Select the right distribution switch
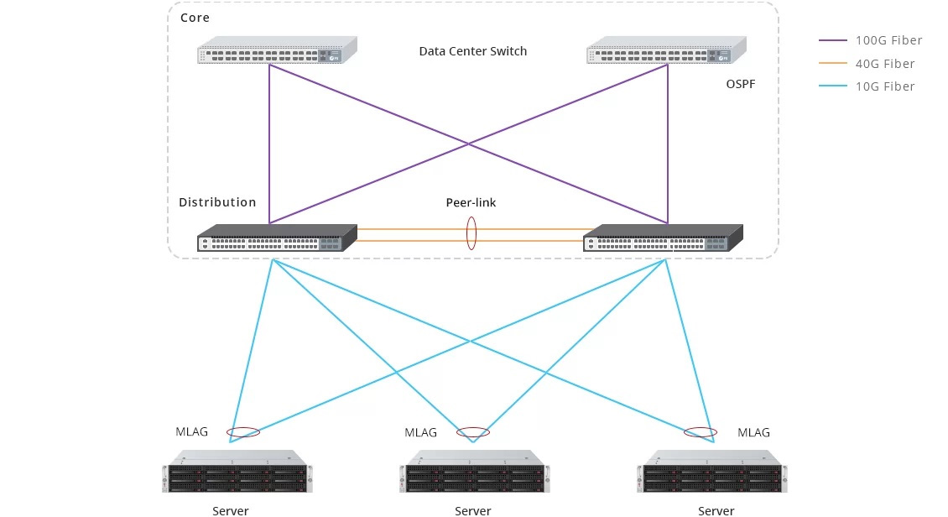point(663,238)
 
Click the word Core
point(195,18)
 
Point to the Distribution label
point(217,202)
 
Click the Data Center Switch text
point(473,51)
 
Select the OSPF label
point(742,85)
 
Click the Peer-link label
point(471,203)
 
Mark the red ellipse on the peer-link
point(471,234)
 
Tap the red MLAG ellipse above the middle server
point(473,433)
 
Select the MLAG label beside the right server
point(753,432)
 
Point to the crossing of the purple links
point(469,144)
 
